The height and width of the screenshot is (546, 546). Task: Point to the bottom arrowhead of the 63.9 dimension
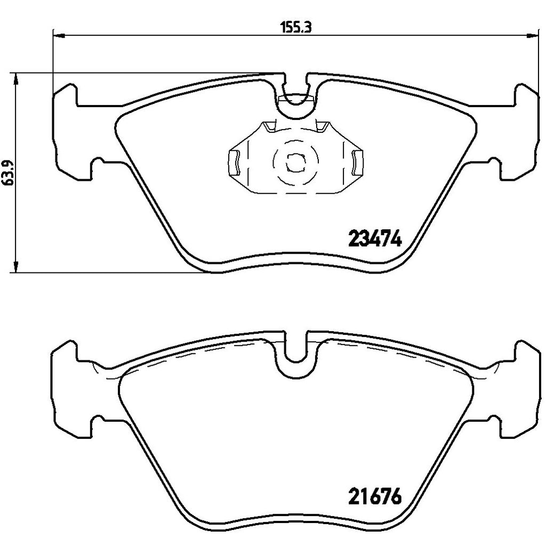[x=16, y=267]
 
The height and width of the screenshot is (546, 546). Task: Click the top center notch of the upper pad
[x=295, y=88]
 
